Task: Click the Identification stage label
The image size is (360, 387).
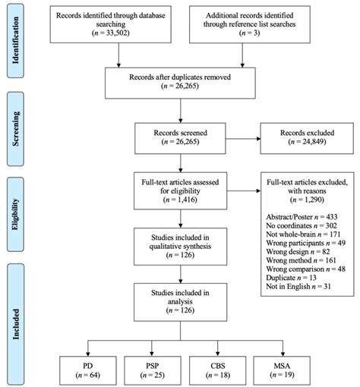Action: [x=15, y=40]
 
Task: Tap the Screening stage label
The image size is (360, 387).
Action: [x=15, y=129]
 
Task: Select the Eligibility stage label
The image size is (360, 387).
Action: [x=15, y=214]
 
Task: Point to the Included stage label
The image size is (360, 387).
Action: [x=15, y=324]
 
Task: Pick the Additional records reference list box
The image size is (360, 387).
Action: [x=250, y=24]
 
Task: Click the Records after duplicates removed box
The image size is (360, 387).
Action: [x=180, y=83]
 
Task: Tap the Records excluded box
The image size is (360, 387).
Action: [x=307, y=138]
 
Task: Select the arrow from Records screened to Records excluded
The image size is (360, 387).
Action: [x=243, y=139]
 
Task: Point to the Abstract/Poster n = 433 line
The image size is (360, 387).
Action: [x=302, y=217]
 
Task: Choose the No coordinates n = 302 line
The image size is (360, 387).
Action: [x=302, y=225]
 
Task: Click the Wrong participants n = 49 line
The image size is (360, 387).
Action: [x=305, y=243]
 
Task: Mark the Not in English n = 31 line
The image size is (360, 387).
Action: [x=298, y=287]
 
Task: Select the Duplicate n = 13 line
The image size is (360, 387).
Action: [x=291, y=278]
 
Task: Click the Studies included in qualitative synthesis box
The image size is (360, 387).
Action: [x=180, y=247]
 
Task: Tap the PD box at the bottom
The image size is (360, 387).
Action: [x=88, y=370]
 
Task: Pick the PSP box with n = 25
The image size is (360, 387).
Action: [x=153, y=370]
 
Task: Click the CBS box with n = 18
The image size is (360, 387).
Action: [x=218, y=370]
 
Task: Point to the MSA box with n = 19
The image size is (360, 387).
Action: [x=282, y=370]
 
